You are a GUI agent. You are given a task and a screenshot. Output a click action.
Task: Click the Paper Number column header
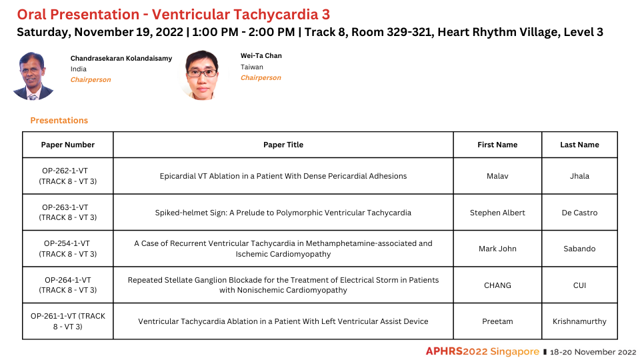68,145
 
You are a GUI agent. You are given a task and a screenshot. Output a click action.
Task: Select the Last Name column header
579,145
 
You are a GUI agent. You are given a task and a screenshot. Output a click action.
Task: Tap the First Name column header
497,145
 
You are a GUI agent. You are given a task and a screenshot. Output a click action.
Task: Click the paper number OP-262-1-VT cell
68,176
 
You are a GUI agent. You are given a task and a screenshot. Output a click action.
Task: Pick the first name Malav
497,176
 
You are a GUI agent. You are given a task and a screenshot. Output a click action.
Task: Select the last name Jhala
579,176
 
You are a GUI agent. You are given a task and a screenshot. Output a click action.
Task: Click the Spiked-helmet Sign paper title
283,213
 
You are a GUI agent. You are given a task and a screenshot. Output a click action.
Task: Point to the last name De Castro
579,213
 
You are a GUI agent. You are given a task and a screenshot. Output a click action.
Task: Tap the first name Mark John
497,249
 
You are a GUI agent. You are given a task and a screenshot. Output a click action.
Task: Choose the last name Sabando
579,249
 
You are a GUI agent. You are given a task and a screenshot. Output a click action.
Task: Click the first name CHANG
497,285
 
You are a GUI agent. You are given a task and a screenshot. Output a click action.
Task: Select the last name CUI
579,285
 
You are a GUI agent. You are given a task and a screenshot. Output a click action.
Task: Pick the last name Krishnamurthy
579,321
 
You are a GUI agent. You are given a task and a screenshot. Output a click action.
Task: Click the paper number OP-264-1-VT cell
68,285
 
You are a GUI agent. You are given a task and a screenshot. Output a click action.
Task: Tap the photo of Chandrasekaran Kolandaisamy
33,76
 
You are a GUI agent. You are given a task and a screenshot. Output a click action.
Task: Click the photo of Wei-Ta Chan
201,75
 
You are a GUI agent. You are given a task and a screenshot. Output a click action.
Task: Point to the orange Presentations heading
59,121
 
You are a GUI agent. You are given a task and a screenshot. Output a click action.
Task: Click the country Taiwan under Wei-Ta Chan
252,67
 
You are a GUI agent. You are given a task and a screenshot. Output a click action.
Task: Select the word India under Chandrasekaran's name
79,69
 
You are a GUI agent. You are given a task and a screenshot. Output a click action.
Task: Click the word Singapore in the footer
514,351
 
